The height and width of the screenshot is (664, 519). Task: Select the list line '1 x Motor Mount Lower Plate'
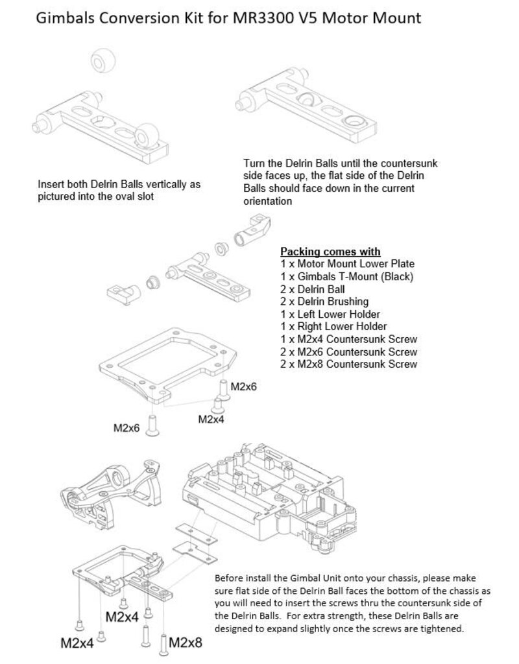(346, 264)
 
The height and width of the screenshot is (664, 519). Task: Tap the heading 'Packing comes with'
(330, 252)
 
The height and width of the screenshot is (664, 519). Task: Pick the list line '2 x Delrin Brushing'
(324, 302)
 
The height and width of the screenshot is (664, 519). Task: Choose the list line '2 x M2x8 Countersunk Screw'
(348, 364)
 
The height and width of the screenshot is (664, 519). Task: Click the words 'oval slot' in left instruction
(134, 196)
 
